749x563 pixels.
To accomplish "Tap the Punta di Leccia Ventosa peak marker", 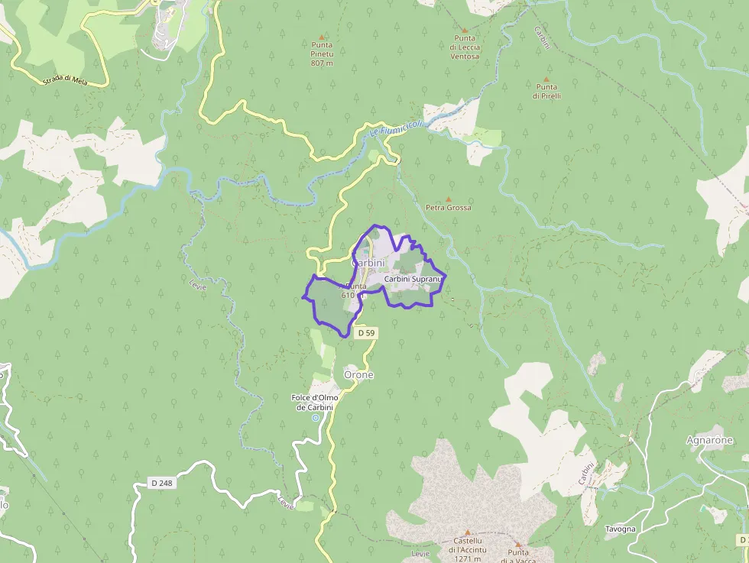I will point(464,30).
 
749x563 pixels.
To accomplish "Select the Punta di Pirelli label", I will point(547,92).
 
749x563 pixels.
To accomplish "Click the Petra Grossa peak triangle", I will point(449,199).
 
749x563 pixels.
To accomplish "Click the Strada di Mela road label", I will point(68,78).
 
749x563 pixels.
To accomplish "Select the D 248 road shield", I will point(159,484).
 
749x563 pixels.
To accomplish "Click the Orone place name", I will point(358,375).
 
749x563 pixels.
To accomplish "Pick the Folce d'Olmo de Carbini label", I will point(314,402).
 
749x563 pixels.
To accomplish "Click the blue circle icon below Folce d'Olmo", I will point(315,418).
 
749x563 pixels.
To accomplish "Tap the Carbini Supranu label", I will point(413,280).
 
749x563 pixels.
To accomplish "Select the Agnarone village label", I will point(709,440).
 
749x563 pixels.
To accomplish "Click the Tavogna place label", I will point(620,529).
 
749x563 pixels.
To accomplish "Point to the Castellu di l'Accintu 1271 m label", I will point(467,550).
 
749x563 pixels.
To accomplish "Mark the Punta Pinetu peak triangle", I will point(322,37).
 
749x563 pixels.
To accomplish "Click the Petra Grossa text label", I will point(449,208).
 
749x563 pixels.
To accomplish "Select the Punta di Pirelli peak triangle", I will point(546,79).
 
